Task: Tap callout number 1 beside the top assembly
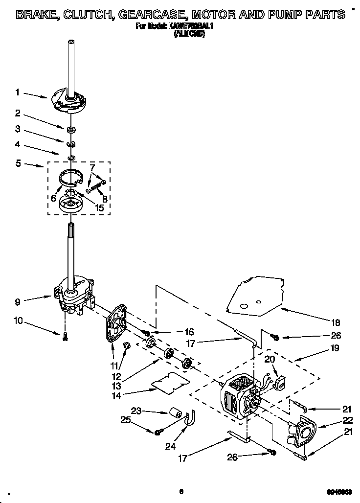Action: (17, 92)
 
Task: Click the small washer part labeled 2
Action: (71, 129)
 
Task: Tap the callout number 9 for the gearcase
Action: (17, 302)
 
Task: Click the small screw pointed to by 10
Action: (65, 336)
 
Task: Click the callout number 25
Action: (126, 419)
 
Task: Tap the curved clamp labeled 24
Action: (190, 419)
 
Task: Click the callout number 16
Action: (176, 332)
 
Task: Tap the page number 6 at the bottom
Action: (180, 491)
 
